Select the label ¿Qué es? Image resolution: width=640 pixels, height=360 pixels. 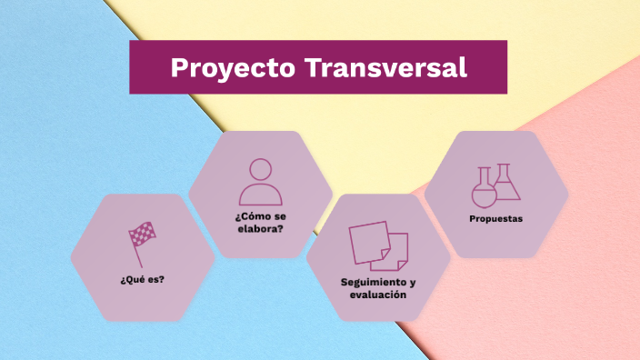(142, 279)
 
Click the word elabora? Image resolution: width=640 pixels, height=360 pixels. (260, 228)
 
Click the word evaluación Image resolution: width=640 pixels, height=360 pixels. (378, 295)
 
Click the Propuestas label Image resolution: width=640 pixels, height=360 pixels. (495, 219)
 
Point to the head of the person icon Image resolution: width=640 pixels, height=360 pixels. (261, 170)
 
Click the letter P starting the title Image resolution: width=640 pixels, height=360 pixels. (178, 68)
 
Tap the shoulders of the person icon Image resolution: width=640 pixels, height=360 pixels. (260, 195)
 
